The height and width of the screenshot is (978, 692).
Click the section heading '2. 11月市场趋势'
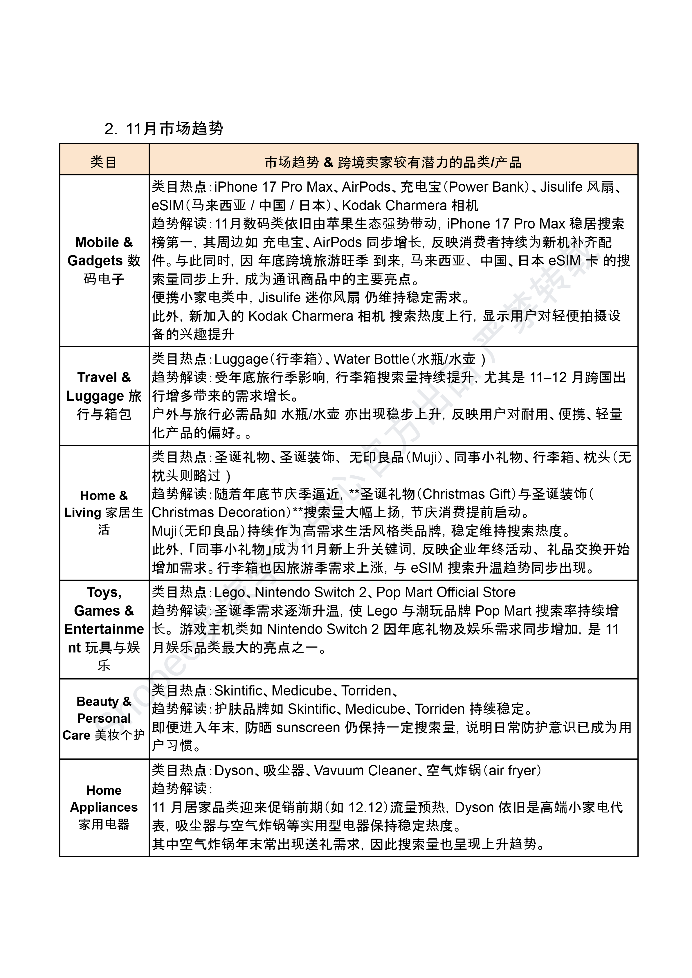[164, 128]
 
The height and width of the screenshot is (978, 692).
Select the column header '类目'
[104, 162]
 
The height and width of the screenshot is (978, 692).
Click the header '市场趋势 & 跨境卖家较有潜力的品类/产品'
[393, 162]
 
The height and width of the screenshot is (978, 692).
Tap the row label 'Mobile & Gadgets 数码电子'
[104, 260]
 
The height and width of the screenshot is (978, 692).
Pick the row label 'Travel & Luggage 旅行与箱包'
[104, 395]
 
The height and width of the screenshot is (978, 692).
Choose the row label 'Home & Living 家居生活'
[104, 512]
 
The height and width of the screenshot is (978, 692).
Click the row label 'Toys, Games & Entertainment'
[104, 629]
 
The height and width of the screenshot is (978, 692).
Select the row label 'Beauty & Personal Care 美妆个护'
[104, 718]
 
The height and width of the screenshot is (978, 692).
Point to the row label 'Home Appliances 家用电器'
[104, 807]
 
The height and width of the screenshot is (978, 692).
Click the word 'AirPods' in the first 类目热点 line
[366, 187]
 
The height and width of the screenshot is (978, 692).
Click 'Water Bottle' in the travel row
[371, 359]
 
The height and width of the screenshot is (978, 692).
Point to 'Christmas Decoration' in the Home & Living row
[218, 512]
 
